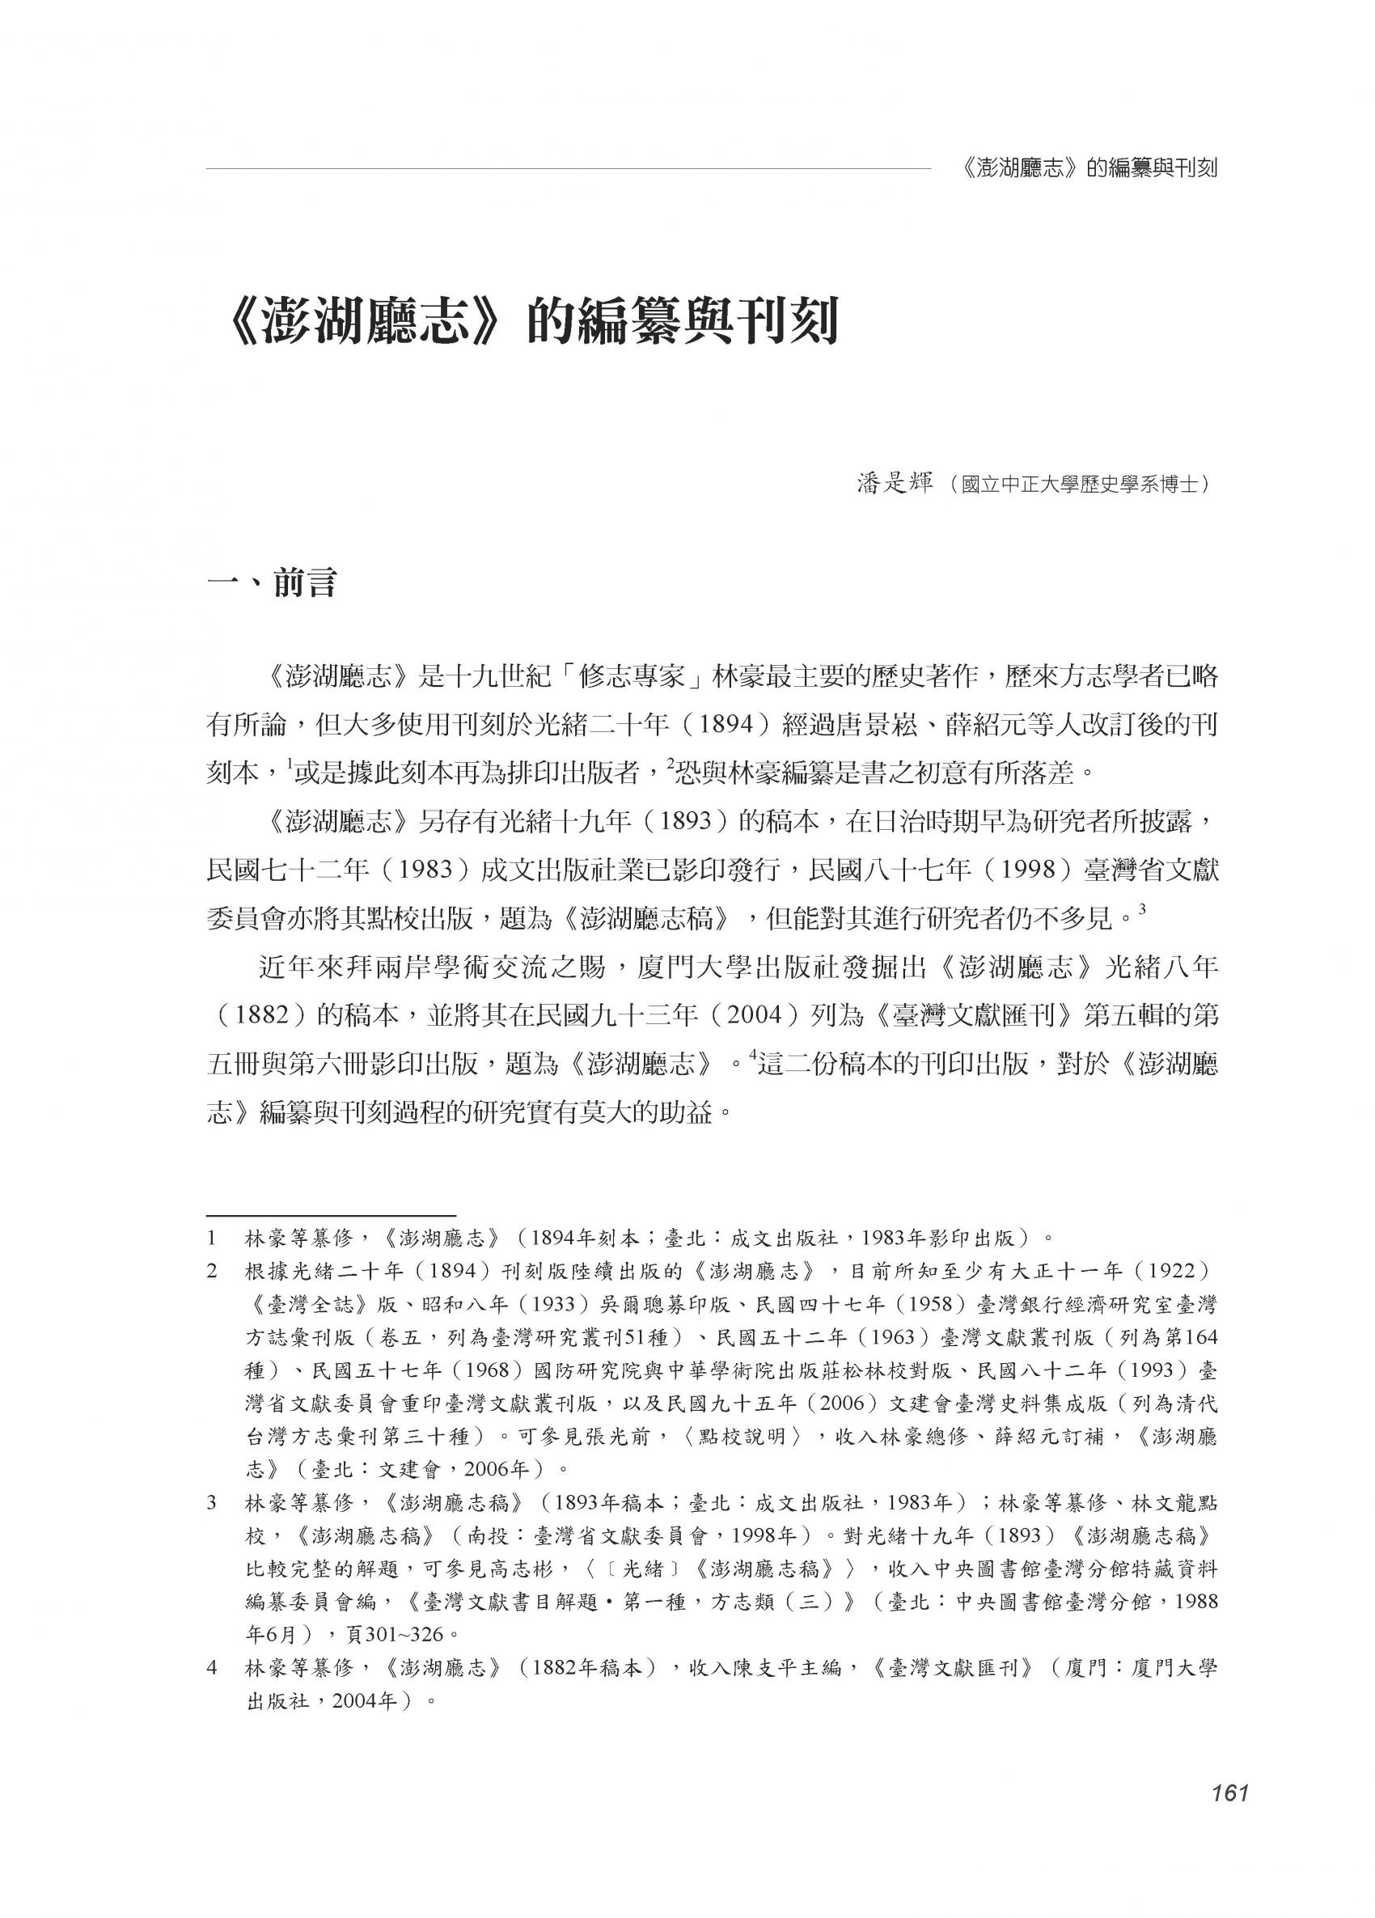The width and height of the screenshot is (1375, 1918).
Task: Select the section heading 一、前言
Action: point(272,582)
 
